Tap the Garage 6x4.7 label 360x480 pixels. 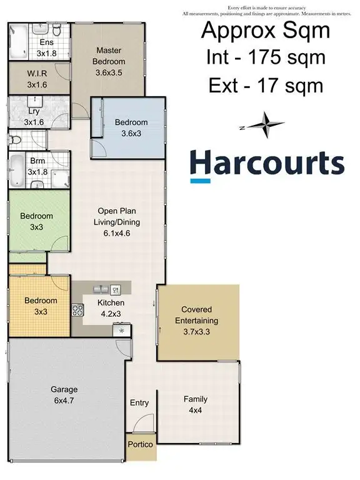pyautogui.click(x=64, y=395)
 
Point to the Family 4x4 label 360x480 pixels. pyautogui.click(x=196, y=404)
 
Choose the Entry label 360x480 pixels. pyautogui.click(x=139, y=403)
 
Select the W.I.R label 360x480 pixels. pyautogui.click(x=37, y=79)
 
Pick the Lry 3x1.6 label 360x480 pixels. pyautogui.click(x=34, y=116)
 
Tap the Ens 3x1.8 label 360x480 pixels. pyautogui.click(x=46, y=48)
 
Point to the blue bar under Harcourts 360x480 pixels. pyautogui.click(x=199, y=181)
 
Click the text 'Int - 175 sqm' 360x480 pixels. pyautogui.click(x=266, y=58)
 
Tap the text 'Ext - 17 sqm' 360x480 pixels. pyautogui.click(x=266, y=85)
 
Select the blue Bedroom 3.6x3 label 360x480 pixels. pyautogui.click(x=131, y=127)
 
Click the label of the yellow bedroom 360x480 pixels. pyautogui.click(x=41, y=306)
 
